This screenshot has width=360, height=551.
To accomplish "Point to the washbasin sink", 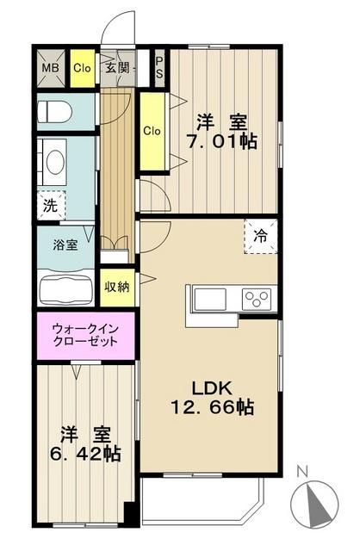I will click(x=56, y=164).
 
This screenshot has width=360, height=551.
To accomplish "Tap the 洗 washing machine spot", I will click(x=51, y=207).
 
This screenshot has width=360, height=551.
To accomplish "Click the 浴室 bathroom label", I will click(x=65, y=245).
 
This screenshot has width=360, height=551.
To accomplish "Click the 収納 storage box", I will click(x=119, y=287).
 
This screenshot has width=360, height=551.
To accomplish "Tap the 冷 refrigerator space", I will click(x=259, y=235).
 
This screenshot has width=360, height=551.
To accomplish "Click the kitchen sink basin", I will click(x=212, y=300).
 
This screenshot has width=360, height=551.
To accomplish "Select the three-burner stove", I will click(x=257, y=300).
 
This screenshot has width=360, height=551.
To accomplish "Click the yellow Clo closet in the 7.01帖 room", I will click(x=152, y=132).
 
